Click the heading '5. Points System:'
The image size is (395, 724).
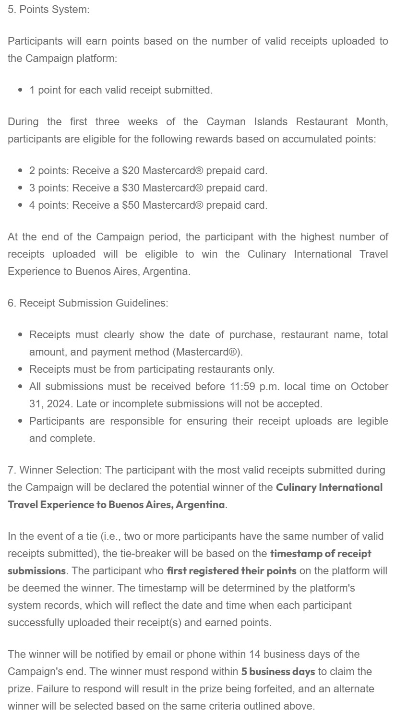coord(48,10)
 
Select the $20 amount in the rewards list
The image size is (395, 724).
coord(131,170)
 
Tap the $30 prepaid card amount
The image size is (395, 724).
coord(131,188)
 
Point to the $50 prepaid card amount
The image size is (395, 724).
coord(131,205)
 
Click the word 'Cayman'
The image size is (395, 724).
coord(226,121)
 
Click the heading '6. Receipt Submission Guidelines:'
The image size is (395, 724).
coord(88,303)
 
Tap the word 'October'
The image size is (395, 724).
coord(369,386)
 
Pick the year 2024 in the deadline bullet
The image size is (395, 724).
coord(58,404)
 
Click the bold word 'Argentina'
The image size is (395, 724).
coord(200,504)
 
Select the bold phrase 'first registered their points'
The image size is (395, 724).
coord(231,570)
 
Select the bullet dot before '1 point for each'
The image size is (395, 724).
coord(20,90)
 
